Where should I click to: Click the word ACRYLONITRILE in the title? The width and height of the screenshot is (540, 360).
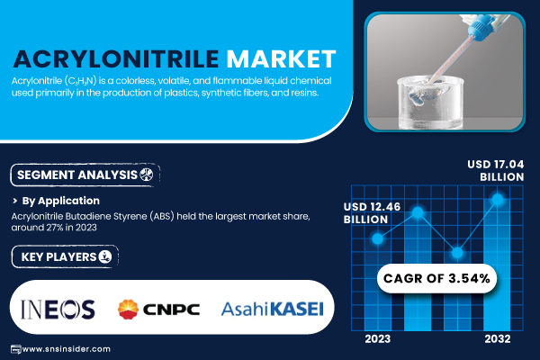point(116,58)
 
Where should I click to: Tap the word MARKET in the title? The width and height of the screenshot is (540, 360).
point(281,58)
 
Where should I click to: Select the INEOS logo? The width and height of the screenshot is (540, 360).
point(58,309)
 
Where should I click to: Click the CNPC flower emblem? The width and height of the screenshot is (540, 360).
point(128,309)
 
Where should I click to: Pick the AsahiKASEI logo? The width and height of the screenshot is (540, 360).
point(273,309)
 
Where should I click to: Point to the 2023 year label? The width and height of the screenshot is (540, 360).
point(378,339)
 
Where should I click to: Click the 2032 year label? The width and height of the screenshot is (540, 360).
point(498,339)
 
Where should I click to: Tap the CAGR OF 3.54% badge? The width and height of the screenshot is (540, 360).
point(436,278)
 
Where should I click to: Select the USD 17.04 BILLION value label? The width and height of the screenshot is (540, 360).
point(496,170)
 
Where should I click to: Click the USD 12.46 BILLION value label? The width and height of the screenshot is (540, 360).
point(372,213)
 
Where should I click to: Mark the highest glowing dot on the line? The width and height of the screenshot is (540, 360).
point(498,199)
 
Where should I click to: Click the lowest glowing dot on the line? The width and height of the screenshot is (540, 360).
point(457,253)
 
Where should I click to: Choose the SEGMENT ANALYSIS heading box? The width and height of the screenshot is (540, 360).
point(85,175)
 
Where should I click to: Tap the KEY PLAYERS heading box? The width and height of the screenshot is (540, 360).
point(65,256)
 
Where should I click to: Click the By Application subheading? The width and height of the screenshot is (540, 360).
point(60,201)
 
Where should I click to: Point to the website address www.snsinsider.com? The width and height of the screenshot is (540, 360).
point(66,349)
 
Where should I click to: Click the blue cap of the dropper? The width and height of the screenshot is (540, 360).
point(481,25)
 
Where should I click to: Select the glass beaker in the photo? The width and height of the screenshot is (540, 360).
point(430,103)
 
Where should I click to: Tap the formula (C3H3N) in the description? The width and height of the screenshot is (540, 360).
point(80,81)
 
